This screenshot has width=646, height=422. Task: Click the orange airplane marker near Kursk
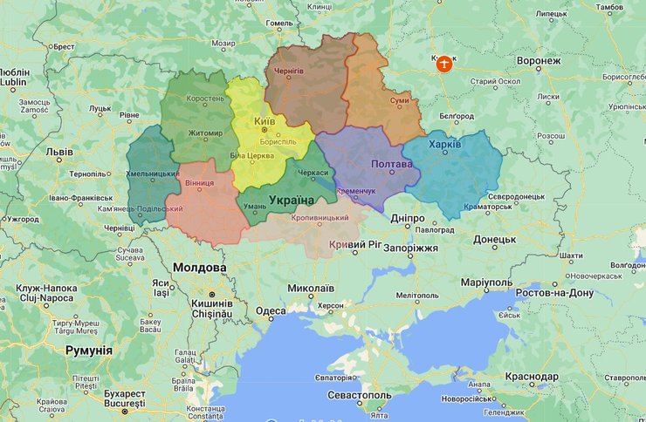(x=444, y=65)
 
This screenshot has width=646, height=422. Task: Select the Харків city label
(x=445, y=144)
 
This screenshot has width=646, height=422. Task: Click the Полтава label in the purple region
(x=391, y=164)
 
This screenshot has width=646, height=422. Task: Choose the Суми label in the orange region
(x=399, y=101)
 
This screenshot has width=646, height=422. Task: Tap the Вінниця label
(x=200, y=184)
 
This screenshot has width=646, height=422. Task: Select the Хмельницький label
(x=154, y=174)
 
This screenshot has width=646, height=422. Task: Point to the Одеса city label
(x=271, y=310)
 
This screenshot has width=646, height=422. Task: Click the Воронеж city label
(x=538, y=61)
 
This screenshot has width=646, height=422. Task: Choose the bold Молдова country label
(x=199, y=267)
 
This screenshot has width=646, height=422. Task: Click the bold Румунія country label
(x=89, y=350)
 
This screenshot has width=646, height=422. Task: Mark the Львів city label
(x=59, y=151)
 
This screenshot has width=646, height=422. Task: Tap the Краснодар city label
(x=531, y=377)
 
